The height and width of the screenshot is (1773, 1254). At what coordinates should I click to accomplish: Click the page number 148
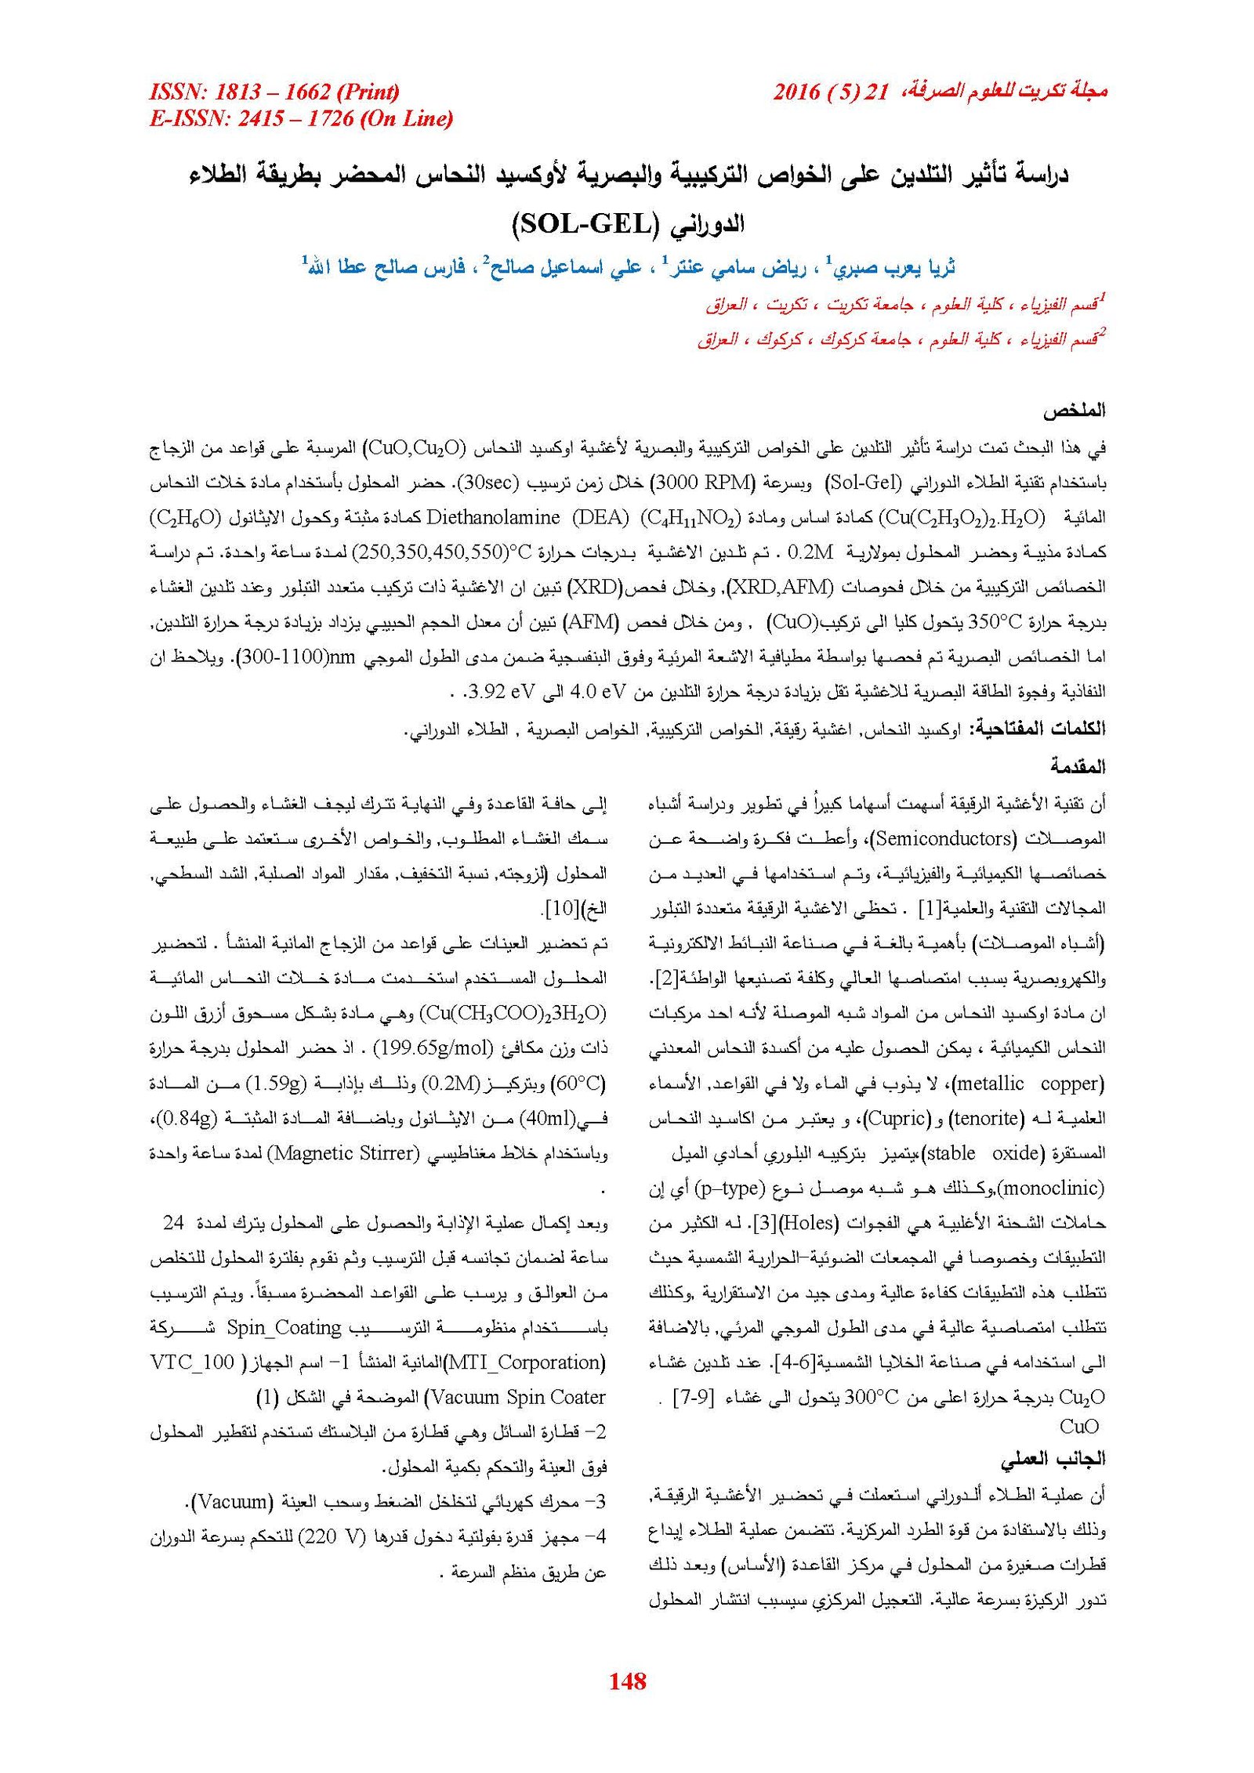627,1680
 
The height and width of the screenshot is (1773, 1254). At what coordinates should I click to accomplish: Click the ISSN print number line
274,92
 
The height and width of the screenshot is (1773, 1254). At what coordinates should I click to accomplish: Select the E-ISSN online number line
301,118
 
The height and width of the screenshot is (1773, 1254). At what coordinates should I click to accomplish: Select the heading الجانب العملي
1053,1459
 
